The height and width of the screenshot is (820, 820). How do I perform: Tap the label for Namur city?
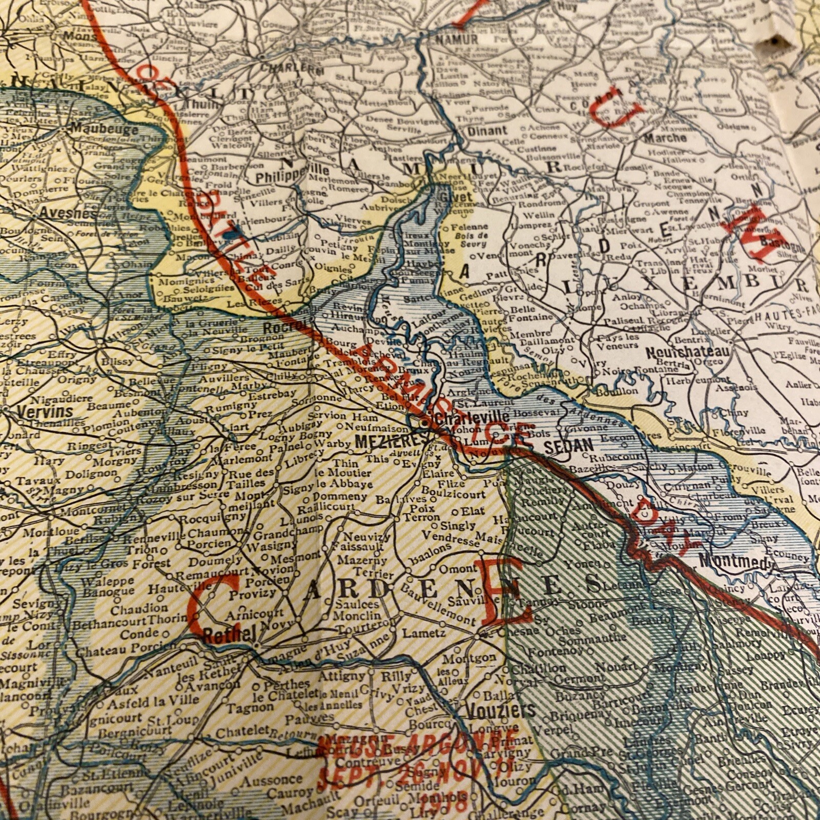click(456, 39)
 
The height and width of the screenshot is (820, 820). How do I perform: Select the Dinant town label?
click(486, 131)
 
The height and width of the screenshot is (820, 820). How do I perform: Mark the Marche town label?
click(665, 138)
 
